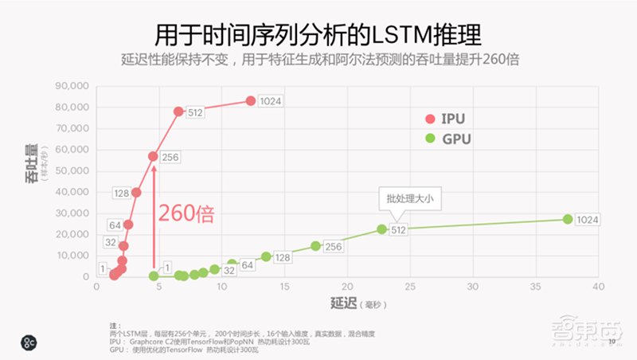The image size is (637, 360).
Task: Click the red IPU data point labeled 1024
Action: tap(251, 100)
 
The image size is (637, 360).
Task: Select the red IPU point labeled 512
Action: tap(178, 112)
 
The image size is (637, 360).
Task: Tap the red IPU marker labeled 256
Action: tap(153, 156)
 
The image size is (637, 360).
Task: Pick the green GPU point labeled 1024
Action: tap(568, 219)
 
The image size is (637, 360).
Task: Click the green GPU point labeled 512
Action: tap(381, 229)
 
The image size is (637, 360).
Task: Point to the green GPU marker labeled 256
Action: tap(315, 246)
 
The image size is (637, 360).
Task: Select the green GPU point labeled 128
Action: tap(266, 256)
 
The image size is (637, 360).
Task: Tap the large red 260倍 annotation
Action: tap(186, 213)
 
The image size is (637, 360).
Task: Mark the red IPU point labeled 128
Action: tap(136, 193)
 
